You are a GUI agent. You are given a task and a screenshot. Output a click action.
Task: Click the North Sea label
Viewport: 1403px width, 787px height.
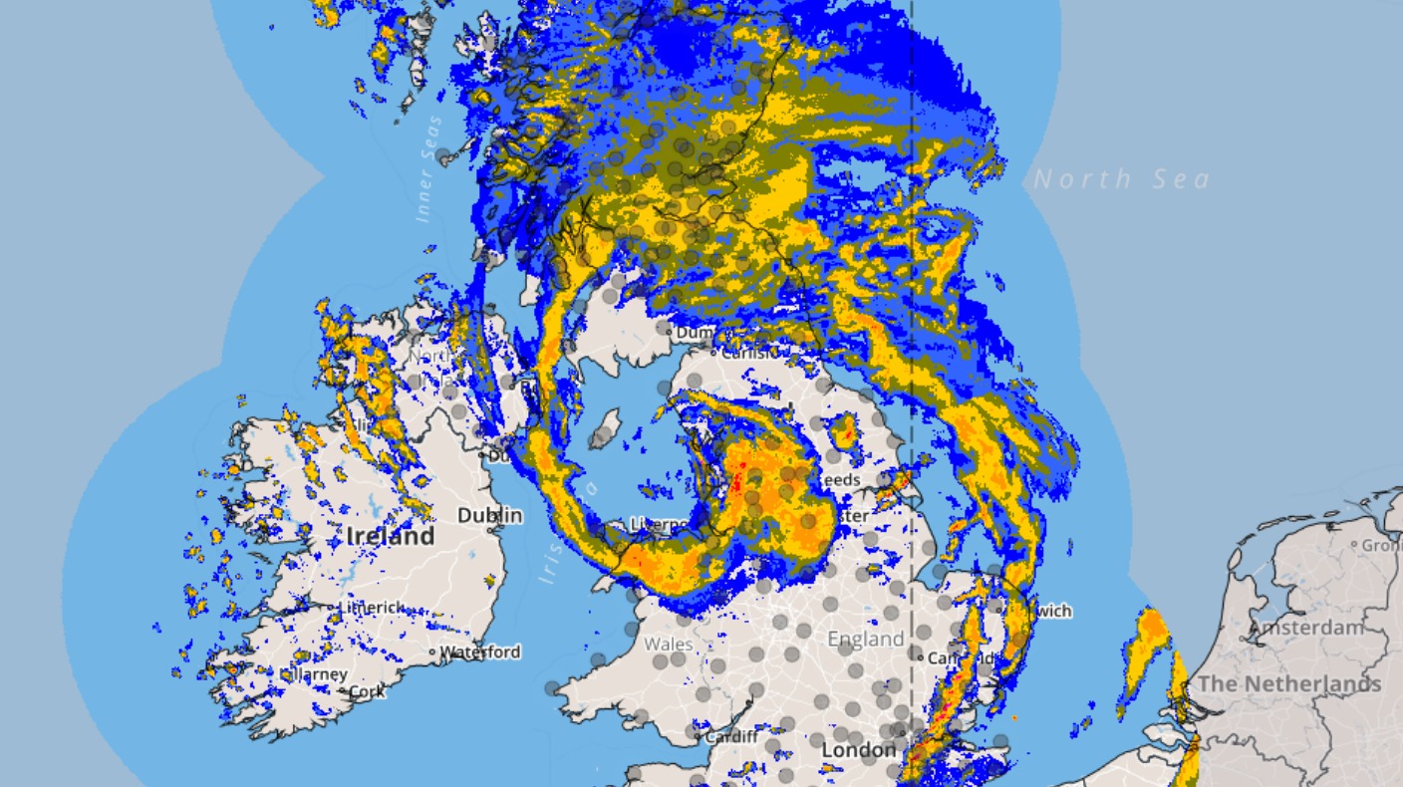(x=1121, y=179)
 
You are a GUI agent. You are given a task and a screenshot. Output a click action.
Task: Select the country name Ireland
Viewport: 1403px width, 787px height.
(x=391, y=536)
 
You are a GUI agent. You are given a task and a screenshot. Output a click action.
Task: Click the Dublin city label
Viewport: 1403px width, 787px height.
(x=489, y=515)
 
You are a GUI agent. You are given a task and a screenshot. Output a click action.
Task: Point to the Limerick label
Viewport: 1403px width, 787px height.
(x=372, y=607)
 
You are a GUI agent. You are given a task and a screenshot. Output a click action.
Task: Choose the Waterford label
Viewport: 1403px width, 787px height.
(x=480, y=652)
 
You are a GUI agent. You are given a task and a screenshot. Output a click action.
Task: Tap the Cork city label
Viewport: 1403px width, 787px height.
(x=367, y=690)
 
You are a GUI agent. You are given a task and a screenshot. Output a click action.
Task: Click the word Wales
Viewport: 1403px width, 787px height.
(x=668, y=644)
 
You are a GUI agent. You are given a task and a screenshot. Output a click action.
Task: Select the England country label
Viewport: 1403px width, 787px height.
(x=866, y=639)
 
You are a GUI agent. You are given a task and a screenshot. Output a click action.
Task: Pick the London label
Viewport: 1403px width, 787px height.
(x=860, y=749)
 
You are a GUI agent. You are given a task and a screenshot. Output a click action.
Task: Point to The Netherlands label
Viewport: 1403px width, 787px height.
(x=1289, y=683)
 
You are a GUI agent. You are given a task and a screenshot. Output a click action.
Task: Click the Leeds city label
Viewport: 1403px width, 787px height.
(x=839, y=479)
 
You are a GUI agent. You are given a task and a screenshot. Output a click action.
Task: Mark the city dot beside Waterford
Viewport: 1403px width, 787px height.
(x=432, y=653)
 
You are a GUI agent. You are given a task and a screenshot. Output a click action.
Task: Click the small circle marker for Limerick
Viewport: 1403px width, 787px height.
(x=332, y=607)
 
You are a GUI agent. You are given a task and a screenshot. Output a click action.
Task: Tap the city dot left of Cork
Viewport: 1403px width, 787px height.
(x=343, y=690)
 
